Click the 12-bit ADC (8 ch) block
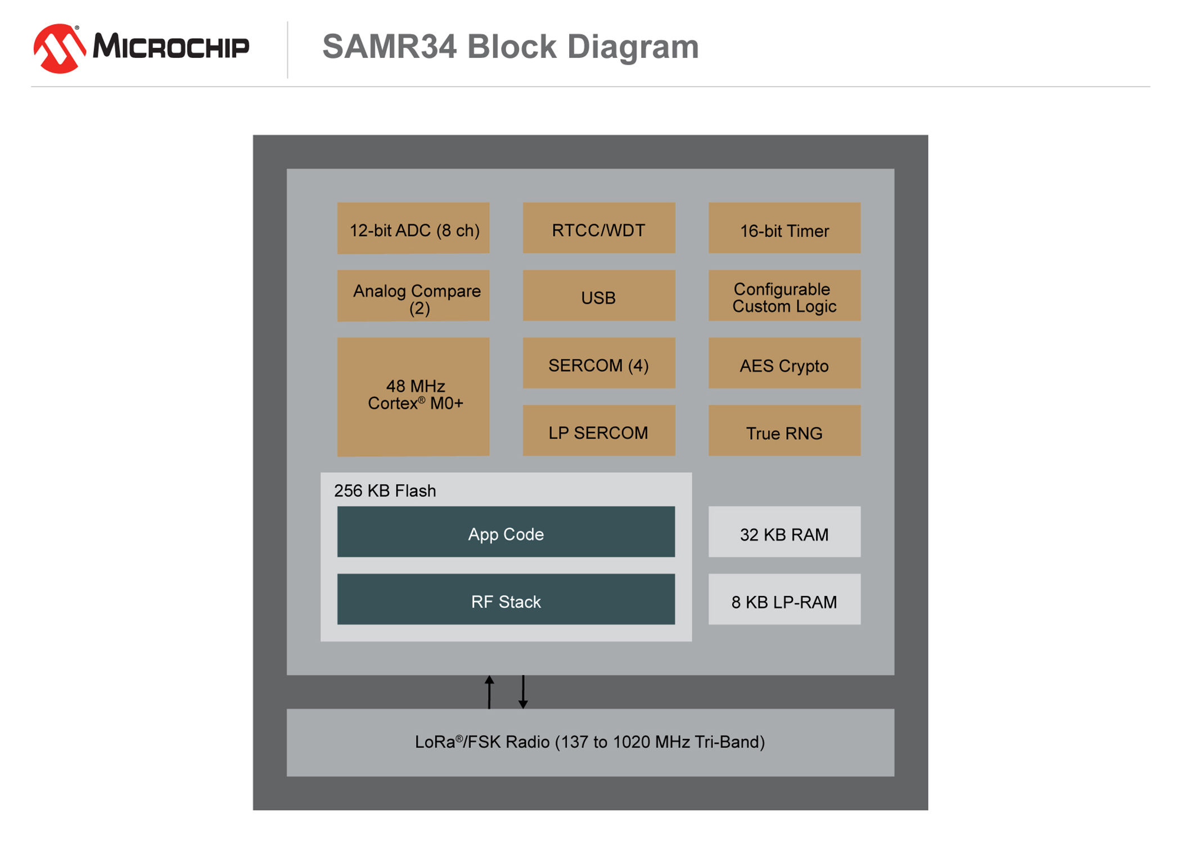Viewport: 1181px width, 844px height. pyautogui.click(x=413, y=228)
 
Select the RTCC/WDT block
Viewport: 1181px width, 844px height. pyautogui.click(x=599, y=228)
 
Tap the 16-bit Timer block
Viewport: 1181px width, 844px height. pyautogui.click(x=785, y=228)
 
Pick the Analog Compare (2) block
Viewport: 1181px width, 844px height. pyautogui.click(x=413, y=296)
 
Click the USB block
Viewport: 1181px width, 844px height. pyautogui.click(x=599, y=296)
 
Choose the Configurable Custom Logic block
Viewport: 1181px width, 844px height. pyautogui.click(x=785, y=296)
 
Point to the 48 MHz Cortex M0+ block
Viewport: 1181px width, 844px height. pyautogui.click(x=413, y=396)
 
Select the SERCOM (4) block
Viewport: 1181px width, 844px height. pyautogui.click(x=599, y=363)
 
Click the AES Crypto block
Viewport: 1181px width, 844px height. pyautogui.click(x=785, y=363)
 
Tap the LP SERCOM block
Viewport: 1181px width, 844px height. pyautogui.click(x=599, y=431)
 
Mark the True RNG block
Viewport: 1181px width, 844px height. pyautogui.click(x=785, y=431)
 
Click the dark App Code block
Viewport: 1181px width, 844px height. pyautogui.click(x=506, y=532)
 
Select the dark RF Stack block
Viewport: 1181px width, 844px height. pyautogui.click(x=506, y=599)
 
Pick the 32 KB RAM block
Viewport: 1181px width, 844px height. pyautogui.click(x=785, y=532)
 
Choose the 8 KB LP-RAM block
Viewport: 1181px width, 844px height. pyautogui.click(x=785, y=599)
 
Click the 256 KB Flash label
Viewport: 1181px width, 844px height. pyautogui.click(x=385, y=491)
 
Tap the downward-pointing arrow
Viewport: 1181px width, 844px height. pyautogui.click(x=523, y=692)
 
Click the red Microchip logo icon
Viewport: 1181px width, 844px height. pyautogui.click(x=58, y=48)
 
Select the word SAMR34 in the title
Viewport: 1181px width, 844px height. pyautogui.click(x=389, y=46)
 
